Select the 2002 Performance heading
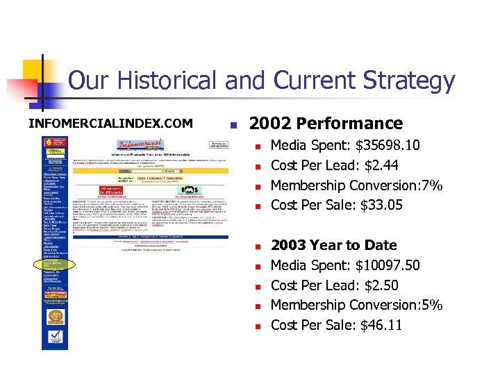pyautogui.click(x=326, y=124)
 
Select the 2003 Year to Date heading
pyautogui.click(x=333, y=245)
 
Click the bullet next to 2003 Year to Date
pyautogui.click(x=256, y=246)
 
